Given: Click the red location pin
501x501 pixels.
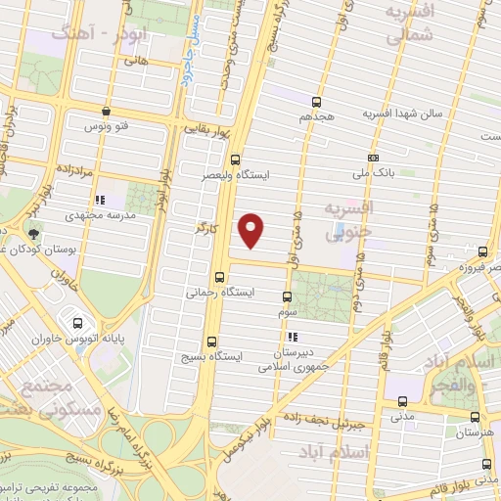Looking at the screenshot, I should point(252,229).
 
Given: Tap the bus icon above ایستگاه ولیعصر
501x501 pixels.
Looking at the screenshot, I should point(235,159).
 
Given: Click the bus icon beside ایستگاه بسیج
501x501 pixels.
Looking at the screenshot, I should point(211,342).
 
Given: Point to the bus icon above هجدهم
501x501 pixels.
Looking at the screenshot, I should point(315,102).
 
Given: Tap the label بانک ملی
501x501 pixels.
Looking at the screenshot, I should point(372,172).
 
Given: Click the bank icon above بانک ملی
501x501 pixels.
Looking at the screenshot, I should point(373,158).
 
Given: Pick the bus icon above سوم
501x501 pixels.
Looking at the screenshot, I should point(287,296).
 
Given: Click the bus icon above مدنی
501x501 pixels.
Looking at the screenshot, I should point(402,399).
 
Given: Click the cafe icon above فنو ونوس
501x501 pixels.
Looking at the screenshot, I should point(105,111).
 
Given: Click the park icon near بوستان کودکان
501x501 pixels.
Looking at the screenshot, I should point(34,234).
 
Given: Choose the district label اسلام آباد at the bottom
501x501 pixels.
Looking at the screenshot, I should point(367,452).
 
